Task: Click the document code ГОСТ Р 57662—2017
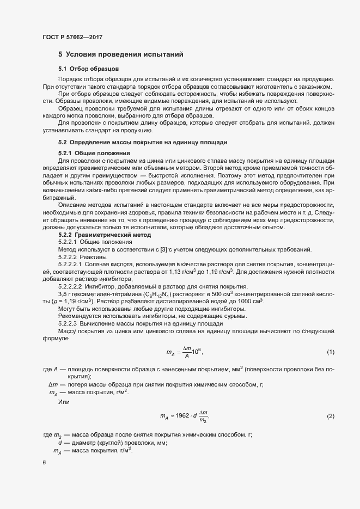click(72, 38)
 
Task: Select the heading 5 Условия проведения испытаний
click(125, 54)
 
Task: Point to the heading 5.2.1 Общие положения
click(94, 153)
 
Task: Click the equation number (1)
click(330, 352)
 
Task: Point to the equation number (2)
click(330, 416)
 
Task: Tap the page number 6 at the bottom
click(44, 463)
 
